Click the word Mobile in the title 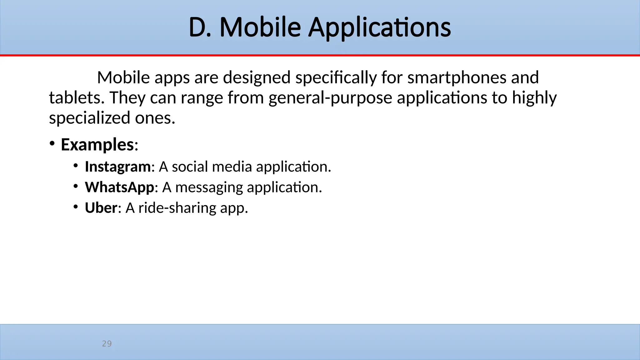pyautogui.click(x=260, y=27)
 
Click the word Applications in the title pyautogui.click(x=379, y=27)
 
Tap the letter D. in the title pyautogui.click(x=200, y=27)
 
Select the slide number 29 pyautogui.click(x=107, y=344)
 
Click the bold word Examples pyautogui.click(x=97, y=145)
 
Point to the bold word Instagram pyautogui.click(x=118, y=167)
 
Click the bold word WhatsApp pyautogui.click(x=119, y=187)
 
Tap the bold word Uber pyautogui.click(x=101, y=208)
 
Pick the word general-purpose pyautogui.click(x=330, y=98)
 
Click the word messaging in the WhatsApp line pyautogui.click(x=209, y=187)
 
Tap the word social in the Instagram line pyautogui.click(x=190, y=167)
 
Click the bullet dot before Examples pyautogui.click(x=52, y=144)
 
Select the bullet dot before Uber pyautogui.click(x=75, y=207)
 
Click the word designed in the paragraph pyautogui.click(x=257, y=77)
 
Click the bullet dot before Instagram pyautogui.click(x=75, y=166)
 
